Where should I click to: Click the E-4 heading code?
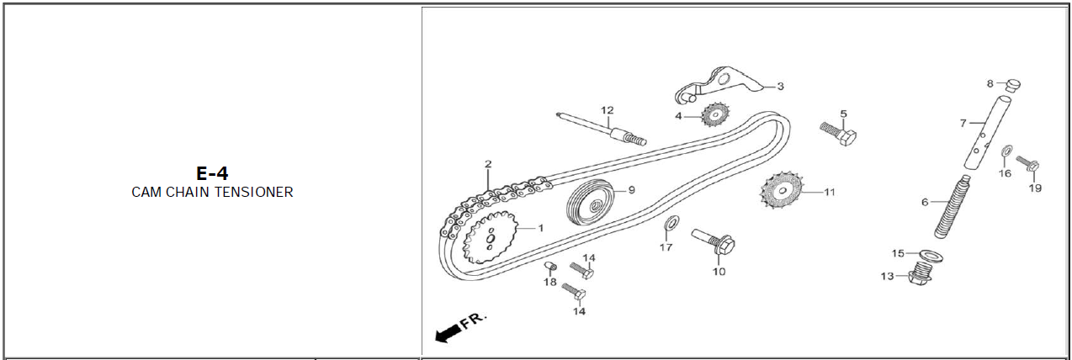pyautogui.click(x=212, y=173)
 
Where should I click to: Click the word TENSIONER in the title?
pyautogui.click(x=253, y=192)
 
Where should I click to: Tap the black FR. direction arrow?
pyautogui.click(x=448, y=332)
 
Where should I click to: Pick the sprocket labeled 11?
pyautogui.click(x=782, y=190)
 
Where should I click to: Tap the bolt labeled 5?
pyautogui.click(x=838, y=134)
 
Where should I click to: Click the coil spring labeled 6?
pyautogui.click(x=953, y=207)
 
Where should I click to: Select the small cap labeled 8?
pyautogui.click(x=1013, y=85)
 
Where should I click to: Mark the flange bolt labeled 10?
pyautogui.click(x=713, y=241)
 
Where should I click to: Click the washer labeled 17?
pyautogui.click(x=672, y=223)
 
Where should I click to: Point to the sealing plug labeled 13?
pyautogui.click(x=920, y=274)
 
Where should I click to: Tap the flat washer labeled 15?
pyautogui.click(x=931, y=256)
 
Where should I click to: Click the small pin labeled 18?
pyautogui.click(x=550, y=265)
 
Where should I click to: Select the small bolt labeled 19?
pyautogui.click(x=1027, y=163)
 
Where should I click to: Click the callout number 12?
pyautogui.click(x=607, y=110)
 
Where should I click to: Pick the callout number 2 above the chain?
pyautogui.click(x=488, y=164)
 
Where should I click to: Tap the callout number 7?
pyautogui.click(x=963, y=124)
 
